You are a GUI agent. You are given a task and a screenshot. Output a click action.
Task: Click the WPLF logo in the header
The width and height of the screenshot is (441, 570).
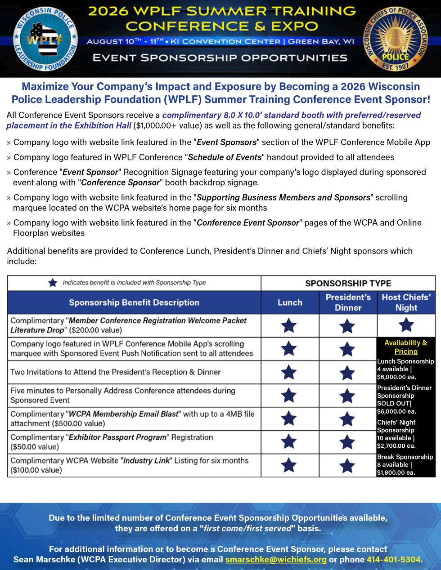pyautogui.click(x=45, y=40)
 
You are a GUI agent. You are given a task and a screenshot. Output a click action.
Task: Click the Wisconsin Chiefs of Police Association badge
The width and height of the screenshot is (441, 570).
pyautogui.click(x=396, y=40)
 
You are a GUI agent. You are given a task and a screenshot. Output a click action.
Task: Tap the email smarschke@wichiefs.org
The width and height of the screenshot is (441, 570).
pyautogui.click(x=276, y=560)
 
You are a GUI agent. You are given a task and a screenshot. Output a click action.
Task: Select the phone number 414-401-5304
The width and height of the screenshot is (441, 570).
pyautogui.click(x=394, y=560)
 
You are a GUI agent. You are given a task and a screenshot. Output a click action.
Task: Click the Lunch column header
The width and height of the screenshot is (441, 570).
pyautogui.click(x=290, y=303)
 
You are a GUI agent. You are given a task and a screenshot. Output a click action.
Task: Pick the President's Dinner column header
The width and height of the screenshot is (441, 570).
pyautogui.click(x=348, y=303)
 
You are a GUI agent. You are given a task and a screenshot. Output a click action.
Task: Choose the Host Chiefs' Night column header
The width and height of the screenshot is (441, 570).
pyautogui.click(x=406, y=303)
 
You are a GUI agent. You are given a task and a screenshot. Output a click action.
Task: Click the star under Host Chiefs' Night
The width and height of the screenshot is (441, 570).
pyautogui.click(x=406, y=325)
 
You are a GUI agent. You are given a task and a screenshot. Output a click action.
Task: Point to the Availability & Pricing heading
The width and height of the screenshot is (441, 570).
pyautogui.click(x=406, y=347)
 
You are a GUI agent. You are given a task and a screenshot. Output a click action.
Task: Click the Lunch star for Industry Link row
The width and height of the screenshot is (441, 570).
pyautogui.click(x=289, y=465)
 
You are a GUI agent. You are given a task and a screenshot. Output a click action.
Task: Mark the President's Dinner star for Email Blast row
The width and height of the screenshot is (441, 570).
pyautogui.click(x=347, y=419)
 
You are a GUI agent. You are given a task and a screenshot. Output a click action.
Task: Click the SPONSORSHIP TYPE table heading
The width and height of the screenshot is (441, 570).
pyautogui.click(x=348, y=283)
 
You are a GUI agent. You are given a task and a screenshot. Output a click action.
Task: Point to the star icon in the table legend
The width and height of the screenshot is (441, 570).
pyautogui.click(x=53, y=283)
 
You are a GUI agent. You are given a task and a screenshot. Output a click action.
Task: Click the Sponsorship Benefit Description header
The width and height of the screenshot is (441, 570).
pyautogui.click(x=134, y=303)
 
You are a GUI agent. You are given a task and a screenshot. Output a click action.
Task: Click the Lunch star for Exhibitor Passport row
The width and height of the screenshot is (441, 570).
pyautogui.click(x=289, y=442)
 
